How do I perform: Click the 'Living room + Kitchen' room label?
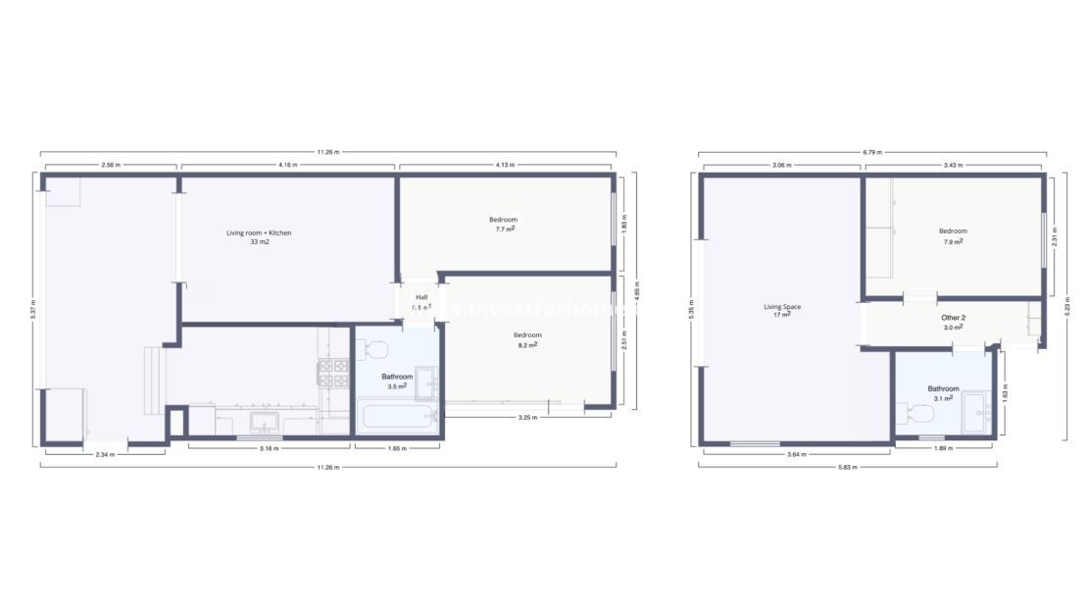click(259, 232)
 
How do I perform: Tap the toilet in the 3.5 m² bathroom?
click(374, 348)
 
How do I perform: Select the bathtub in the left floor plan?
click(397, 417)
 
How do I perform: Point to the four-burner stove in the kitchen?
click(332, 373)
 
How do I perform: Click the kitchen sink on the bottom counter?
click(264, 422)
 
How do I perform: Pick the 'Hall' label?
click(421, 297)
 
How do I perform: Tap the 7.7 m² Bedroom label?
click(503, 219)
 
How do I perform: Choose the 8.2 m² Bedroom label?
click(527, 335)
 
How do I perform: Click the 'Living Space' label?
click(782, 307)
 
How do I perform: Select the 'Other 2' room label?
click(953, 318)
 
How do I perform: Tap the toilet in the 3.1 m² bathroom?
click(921, 415)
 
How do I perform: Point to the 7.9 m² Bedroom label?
click(953, 231)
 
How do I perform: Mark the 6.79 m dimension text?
click(871, 153)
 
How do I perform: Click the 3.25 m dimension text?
click(526, 418)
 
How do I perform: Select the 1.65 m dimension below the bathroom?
click(397, 448)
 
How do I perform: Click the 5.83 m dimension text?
click(847, 467)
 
